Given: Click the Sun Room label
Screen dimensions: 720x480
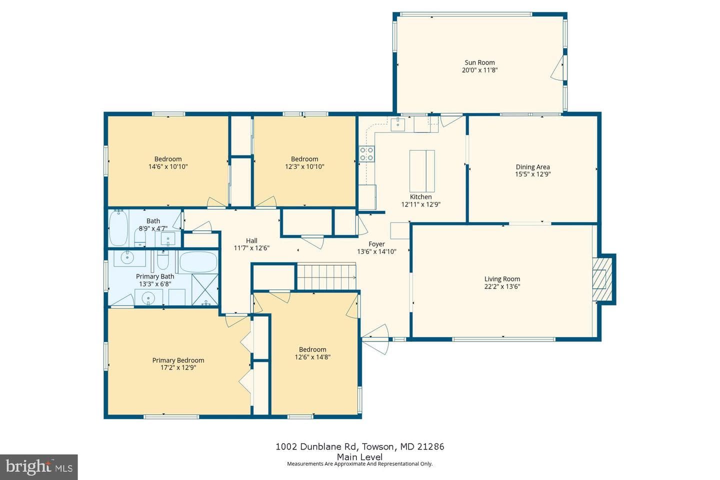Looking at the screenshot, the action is coord(479,62).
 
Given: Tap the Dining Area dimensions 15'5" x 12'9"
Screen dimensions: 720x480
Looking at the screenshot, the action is coord(532,174).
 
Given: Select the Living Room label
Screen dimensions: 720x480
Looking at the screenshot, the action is coord(502,279).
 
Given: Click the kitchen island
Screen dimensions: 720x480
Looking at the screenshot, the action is coord(422,171).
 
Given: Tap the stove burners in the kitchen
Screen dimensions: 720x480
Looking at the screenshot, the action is coord(367,153).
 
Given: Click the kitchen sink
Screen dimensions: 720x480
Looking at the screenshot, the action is coord(397,124).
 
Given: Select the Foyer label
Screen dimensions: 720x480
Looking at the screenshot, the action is coord(376,244).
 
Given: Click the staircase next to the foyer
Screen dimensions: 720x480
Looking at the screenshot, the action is coord(326,276).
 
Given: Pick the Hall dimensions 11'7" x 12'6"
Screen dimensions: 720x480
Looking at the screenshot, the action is coord(251,248).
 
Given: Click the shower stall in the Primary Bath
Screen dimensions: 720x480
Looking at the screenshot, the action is coord(205,289).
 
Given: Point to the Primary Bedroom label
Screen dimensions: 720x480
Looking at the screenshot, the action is coord(178,360).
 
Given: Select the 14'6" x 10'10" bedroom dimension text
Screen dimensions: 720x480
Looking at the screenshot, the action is coord(168,166).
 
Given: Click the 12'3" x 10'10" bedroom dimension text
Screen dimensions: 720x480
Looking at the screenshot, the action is coord(304,166).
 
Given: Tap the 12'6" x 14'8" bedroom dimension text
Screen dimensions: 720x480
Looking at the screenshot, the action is coord(312,357).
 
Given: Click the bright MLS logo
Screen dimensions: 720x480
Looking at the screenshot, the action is coord(39,467).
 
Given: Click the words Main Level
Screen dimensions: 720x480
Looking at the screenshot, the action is coord(359,457).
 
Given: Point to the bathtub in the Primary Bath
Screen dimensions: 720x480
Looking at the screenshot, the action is coord(198,262).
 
